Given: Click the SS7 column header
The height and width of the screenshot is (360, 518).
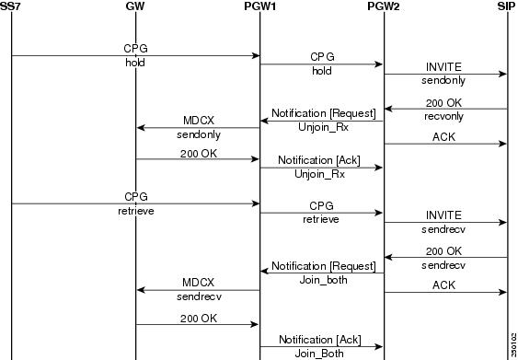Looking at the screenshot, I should [11, 6].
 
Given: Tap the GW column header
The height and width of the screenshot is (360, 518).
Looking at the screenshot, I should [135, 6].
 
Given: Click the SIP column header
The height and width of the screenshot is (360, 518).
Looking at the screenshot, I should [507, 6].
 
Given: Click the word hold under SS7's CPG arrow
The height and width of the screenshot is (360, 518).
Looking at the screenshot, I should [136, 64].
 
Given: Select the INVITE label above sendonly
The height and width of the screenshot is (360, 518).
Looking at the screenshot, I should [444, 68].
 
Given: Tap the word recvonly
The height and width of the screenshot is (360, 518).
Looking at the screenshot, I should [444, 117].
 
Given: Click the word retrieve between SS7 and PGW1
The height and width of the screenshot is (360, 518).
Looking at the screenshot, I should [136, 211].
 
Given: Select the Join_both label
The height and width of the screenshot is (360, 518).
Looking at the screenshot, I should [321, 279].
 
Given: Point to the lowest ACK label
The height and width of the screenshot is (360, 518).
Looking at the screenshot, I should [444, 286].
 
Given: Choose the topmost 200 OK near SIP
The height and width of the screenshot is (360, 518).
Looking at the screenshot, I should [444, 103].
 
